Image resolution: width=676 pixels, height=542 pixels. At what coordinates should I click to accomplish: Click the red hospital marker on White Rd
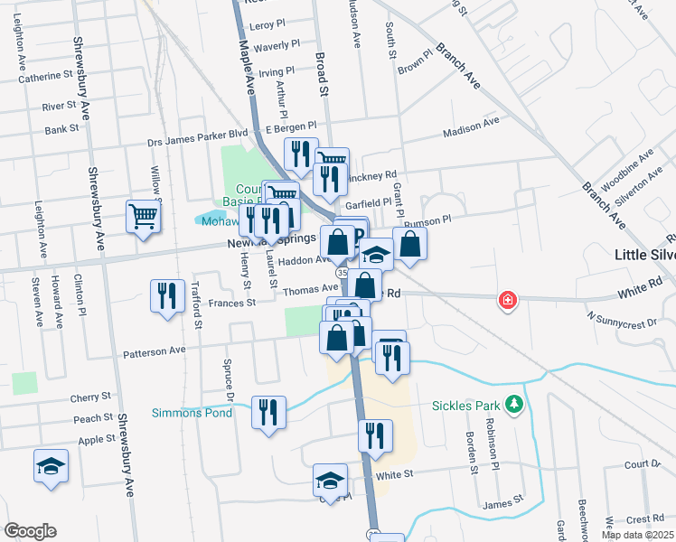pos(508,300)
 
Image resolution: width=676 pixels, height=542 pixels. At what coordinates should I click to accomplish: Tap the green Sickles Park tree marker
pos(514,403)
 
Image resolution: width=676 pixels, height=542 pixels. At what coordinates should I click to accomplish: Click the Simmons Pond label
pos(192,413)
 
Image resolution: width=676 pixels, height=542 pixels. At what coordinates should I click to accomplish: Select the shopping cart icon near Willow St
pos(143,217)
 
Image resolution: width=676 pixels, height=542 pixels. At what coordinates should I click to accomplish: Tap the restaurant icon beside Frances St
pos(165,297)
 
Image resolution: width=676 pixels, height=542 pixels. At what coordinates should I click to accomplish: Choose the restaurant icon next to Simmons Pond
pos(268,413)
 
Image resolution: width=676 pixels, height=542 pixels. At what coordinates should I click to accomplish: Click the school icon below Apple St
pos(51,466)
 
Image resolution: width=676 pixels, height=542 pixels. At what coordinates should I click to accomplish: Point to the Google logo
pos(30,531)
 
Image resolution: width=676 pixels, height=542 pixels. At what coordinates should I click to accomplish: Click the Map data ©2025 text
pos(637,535)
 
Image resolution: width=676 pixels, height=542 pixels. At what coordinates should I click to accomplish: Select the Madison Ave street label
pos(471,134)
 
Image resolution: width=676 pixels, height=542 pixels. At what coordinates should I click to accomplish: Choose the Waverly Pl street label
pos(277,45)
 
